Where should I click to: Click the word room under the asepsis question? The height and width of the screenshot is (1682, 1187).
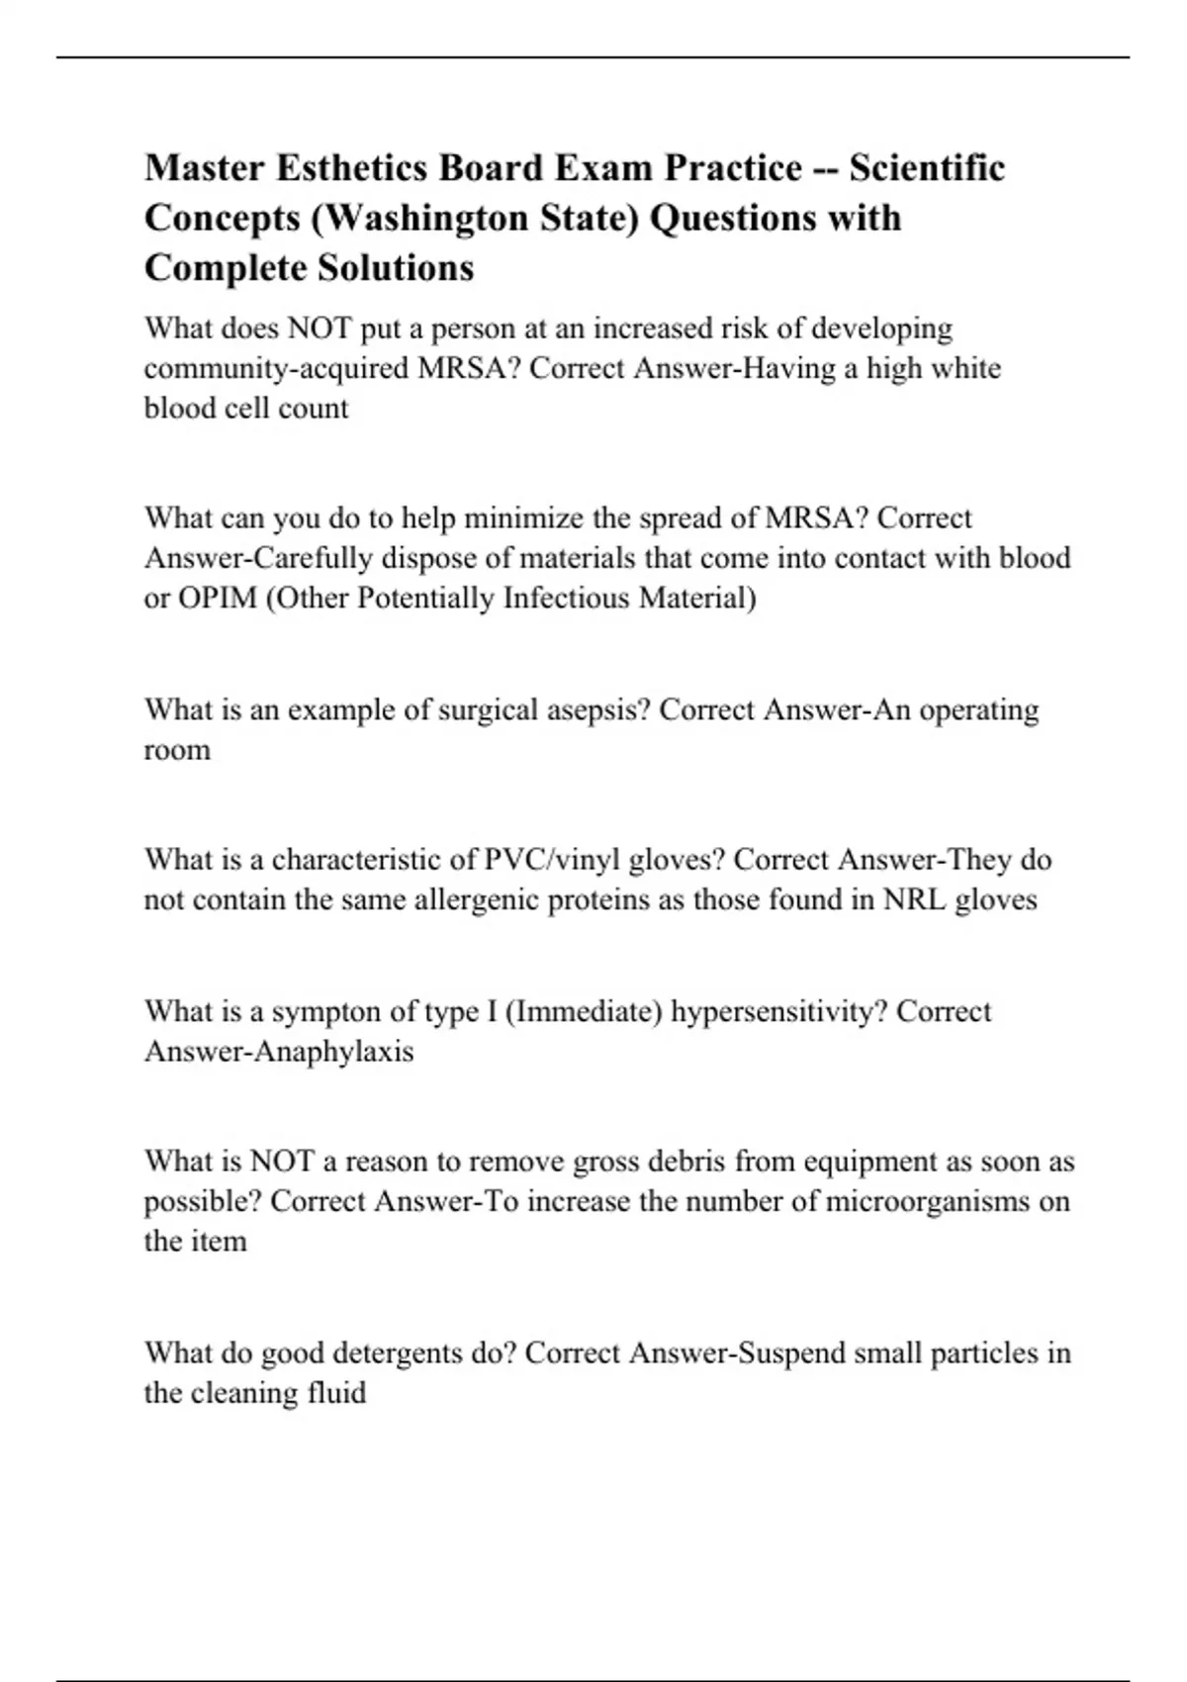pyautogui.click(x=177, y=750)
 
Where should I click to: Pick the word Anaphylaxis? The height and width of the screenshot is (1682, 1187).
pyautogui.click(x=333, y=1051)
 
